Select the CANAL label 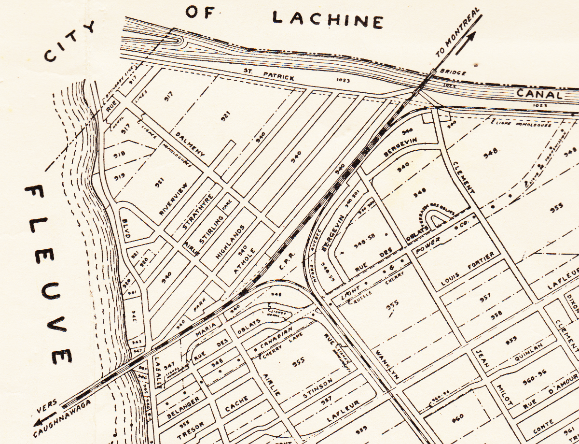pos(540,94)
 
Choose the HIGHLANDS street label pos(230,242)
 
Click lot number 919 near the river pos(120,177)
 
